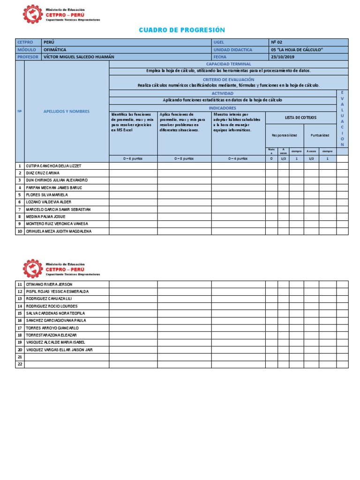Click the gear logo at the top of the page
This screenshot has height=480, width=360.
[32, 14]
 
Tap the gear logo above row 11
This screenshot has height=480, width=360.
[32, 269]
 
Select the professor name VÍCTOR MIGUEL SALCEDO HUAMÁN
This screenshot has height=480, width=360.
[78, 57]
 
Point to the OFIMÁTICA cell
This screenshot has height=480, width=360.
[55, 49]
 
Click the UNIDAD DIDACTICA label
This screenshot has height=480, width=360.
[232, 49]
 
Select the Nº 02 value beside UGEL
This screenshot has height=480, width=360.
[277, 42]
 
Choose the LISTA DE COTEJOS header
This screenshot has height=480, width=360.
[300, 117]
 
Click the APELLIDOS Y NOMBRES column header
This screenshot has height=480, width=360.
[67, 111]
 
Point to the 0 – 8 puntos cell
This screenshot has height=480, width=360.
[184, 158]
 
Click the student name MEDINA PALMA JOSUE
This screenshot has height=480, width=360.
[45, 217]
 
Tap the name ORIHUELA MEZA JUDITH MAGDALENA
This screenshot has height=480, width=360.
[59, 231]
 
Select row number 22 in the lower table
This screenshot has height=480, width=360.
[20, 364]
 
